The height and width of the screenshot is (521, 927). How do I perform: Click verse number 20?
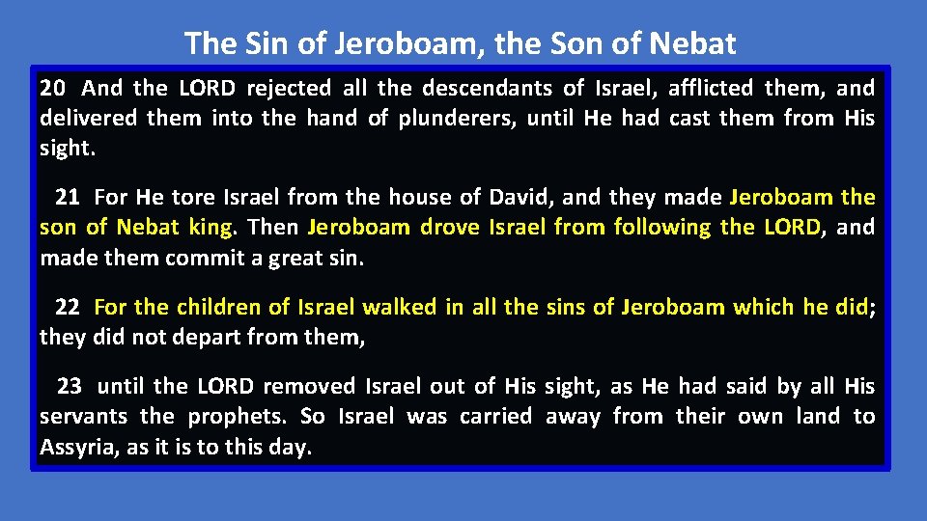pyautogui.click(x=53, y=89)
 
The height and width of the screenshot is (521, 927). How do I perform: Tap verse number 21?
pyautogui.click(x=68, y=198)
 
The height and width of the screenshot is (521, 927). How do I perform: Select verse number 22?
pyautogui.click(x=68, y=308)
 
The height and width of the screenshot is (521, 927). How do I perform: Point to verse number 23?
pyautogui.click(x=70, y=387)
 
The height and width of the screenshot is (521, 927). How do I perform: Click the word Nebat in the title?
pyautogui.click(x=692, y=43)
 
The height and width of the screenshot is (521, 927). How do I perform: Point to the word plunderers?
pyautogui.click(x=454, y=120)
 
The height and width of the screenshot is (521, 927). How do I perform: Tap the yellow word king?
pyautogui.click(x=211, y=228)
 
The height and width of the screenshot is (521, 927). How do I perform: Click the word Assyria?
pyautogui.click(x=80, y=448)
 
